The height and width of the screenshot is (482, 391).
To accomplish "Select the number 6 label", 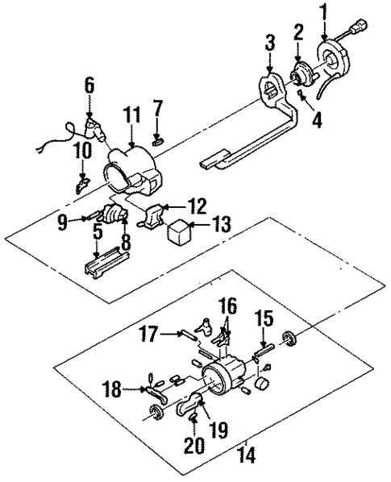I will coord(89,84).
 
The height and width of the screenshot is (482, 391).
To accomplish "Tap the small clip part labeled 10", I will coord(81,185).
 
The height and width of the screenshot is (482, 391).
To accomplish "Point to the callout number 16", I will coord(229,307).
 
